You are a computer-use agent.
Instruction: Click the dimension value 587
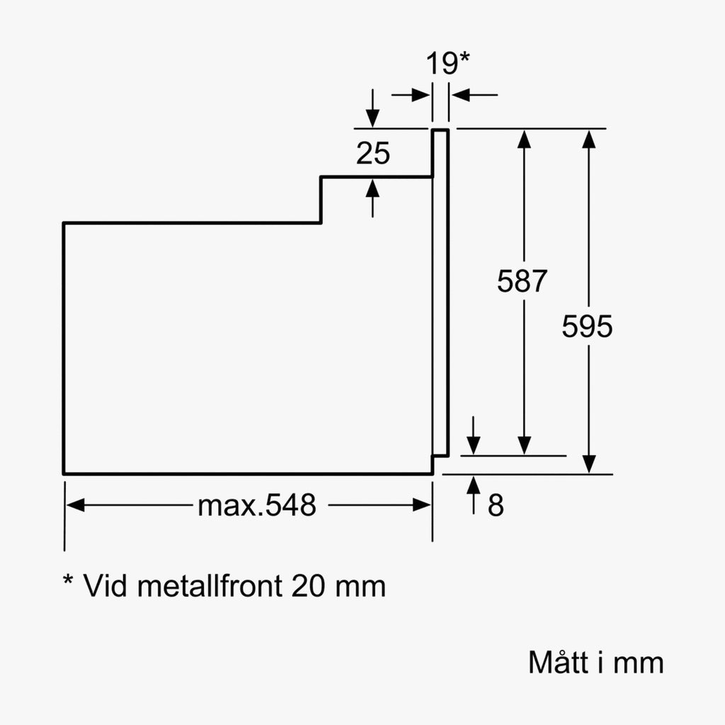point(522,280)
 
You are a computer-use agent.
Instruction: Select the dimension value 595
point(587,326)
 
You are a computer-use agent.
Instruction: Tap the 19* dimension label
point(447,63)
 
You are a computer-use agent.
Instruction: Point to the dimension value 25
point(373,153)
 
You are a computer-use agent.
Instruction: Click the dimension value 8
point(496,505)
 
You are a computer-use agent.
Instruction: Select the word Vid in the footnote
point(105,586)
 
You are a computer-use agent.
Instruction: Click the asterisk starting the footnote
point(68,580)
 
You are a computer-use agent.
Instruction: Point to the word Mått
point(558,662)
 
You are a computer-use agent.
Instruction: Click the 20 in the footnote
point(309,586)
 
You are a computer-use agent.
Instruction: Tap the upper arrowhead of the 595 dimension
point(588,139)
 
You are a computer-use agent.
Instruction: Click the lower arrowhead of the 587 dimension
point(524,446)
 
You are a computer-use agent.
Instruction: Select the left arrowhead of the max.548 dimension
point(75,505)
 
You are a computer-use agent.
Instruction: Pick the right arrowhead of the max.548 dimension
point(422,505)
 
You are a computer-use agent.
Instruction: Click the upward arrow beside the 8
point(473,495)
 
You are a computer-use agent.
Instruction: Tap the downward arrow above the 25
point(372,108)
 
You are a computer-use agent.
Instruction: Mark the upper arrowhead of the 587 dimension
point(524,139)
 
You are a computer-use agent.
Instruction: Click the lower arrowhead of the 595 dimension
point(588,464)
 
